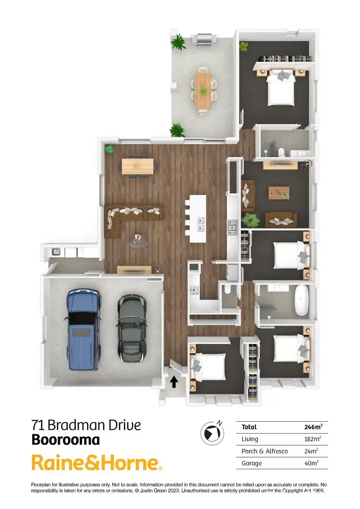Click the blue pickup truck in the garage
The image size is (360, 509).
[x=84, y=329]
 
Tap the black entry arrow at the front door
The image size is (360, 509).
[x=174, y=381]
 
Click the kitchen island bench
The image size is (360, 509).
[x=198, y=218]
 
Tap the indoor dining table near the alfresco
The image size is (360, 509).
[x=138, y=166]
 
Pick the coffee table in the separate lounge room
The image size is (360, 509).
[x=279, y=192]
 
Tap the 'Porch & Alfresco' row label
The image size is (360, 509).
[x=262, y=451]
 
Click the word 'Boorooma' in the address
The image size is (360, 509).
[x=66, y=439]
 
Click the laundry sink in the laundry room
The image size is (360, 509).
[x=56, y=251]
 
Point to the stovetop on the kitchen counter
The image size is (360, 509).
[x=232, y=227]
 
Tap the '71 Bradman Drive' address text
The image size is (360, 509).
[x=86, y=425]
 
